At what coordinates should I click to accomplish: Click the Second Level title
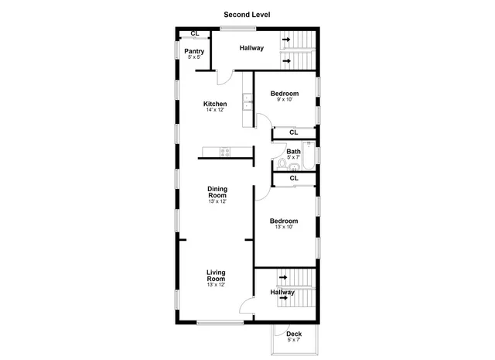pyautogui.click(x=247, y=14)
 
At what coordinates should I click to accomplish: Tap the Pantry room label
pyautogui.click(x=194, y=52)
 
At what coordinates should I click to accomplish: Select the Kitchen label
pyautogui.click(x=215, y=105)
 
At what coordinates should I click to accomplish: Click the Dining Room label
pyautogui.click(x=217, y=192)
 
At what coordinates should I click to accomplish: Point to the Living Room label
pyautogui.click(x=216, y=276)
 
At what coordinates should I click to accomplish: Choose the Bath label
pyautogui.click(x=294, y=152)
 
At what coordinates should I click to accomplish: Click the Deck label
pyautogui.click(x=294, y=334)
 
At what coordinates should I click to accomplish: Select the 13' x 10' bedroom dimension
pyautogui.click(x=285, y=228)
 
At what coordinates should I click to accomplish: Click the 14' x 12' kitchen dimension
pyautogui.click(x=215, y=111)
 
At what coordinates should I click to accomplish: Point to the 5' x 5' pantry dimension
pyautogui.click(x=194, y=58)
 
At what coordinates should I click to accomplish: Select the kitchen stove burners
pyautogui.click(x=225, y=153)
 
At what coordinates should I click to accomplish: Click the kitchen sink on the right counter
pyautogui.click(x=246, y=101)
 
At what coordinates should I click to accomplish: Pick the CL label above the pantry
pyautogui.click(x=195, y=33)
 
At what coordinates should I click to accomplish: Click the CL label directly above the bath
pyautogui.click(x=294, y=132)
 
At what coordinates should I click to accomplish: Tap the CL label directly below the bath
pyautogui.click(x=294, y=178)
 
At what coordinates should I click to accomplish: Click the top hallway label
pyautogui.click(x=251, y=48)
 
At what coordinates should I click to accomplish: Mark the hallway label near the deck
pyautogui.click(x=282, y=293)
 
